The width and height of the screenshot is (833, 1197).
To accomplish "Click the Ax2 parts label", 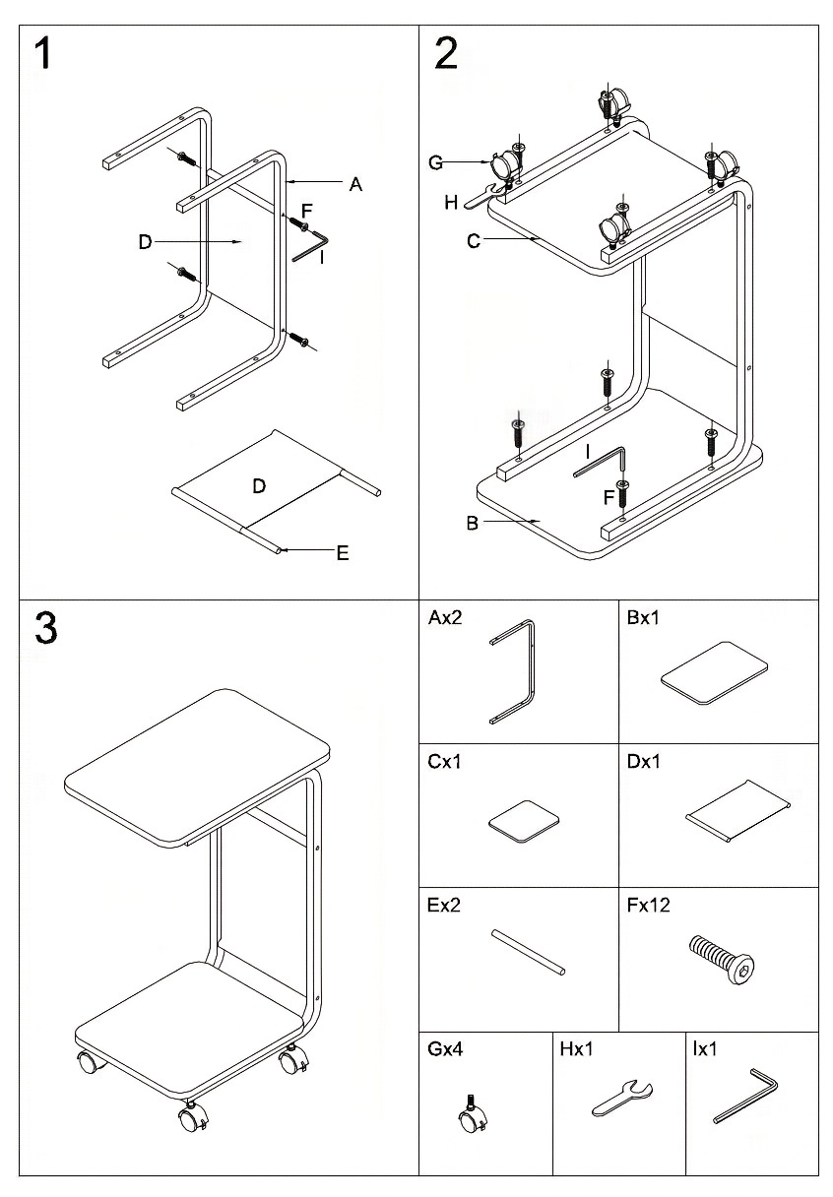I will pyautogui.click(x=445, y=619).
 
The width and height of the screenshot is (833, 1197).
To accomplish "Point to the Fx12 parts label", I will pyautogui.click(x=648, y=905).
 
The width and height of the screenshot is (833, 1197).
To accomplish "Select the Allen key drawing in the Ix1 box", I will pyautogui.click(x=746, y=1095).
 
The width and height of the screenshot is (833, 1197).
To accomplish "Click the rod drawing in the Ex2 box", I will pyautogui.click(x=529, y=952).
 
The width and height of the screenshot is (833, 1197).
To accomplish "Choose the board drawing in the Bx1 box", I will pyautogui.click(x=714, y=672).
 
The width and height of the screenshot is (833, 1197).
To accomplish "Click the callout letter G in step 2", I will pyautogui.click(x=435, y=163).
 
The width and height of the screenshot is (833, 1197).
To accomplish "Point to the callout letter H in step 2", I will pyautogui.click(x=451, y=203).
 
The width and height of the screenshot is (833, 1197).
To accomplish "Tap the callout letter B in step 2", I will pyautogui.click(x=473, y=524).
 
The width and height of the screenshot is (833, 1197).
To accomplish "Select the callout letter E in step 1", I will pyautogui.click(x=343, y=553).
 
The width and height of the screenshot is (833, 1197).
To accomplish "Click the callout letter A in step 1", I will pyautogui.click(x=355, y=183).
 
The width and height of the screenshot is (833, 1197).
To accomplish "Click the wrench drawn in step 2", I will pyautogui.click(x=488, y=194).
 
